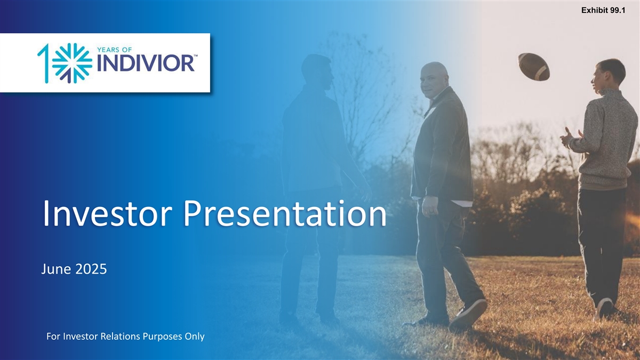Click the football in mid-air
click(534, 67)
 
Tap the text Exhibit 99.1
click(603, 11)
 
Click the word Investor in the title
click(107, 214)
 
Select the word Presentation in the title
click(285, 214)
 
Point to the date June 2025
click(74, 269)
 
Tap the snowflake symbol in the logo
click(73, 63)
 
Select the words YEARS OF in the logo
click(114, 50)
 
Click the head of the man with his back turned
click(317, 71)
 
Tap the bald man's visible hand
click(430, 206)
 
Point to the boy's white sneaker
click(604, 309)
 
